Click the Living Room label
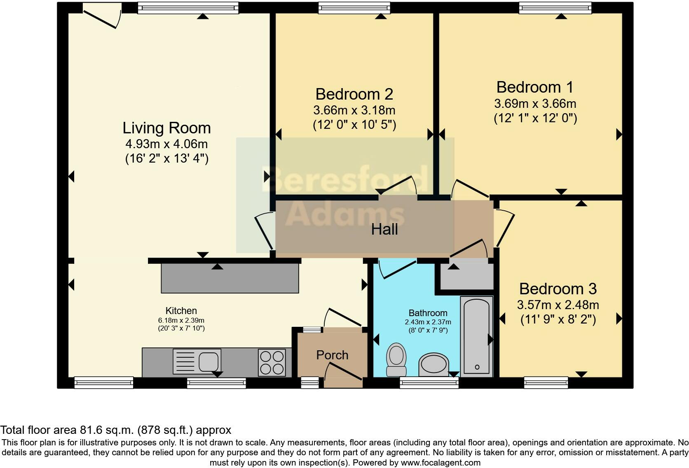(x=166, y=128)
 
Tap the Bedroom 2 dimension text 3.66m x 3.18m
(x=354, y=110)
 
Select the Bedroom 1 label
(x=535, y=87)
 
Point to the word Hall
(x=384, y=229)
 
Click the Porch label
(x=332, y=355)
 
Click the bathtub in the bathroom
(x=477, y=336)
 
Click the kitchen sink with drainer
(x=197, y=361)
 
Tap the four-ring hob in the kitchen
(x=272, y=362)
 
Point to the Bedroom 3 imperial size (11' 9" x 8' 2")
(x=558, y=319)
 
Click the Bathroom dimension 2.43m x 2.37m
(x=428, y=322)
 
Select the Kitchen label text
(x=181, y=311)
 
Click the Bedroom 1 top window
(x=555, y=7)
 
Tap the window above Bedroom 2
(x=354, y=7)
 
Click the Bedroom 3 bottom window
(x=546, y=383)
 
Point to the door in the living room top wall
(x=102, y=15)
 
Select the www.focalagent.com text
(x=440, y=462)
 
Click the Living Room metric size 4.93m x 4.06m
(x=166, y=144)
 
